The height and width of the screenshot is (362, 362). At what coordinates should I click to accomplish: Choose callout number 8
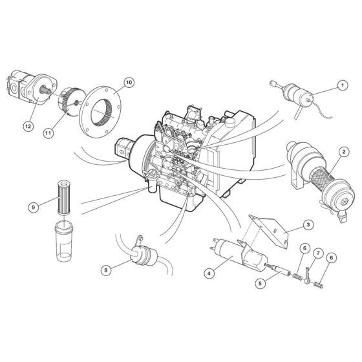tap(107, 270)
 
